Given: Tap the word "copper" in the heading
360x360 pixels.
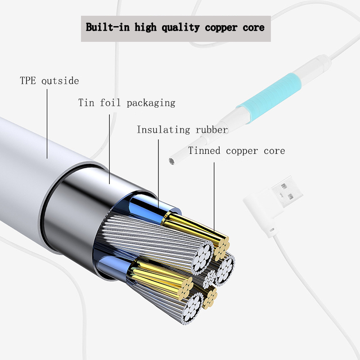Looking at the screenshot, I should click(221, 27).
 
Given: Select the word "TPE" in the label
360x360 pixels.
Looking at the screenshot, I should click(28, 81).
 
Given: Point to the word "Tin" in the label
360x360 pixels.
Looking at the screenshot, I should click(86, 103).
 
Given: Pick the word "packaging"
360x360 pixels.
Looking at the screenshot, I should click(151, 103).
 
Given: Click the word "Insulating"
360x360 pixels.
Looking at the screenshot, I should click(163, 130).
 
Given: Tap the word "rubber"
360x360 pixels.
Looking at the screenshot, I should click(211, 130).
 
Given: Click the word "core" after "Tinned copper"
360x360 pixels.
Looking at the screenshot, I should click(274, 151).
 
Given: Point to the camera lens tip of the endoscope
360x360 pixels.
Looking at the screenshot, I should click(171, 160).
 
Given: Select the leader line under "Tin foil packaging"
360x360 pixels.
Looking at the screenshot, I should click(109, 148).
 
